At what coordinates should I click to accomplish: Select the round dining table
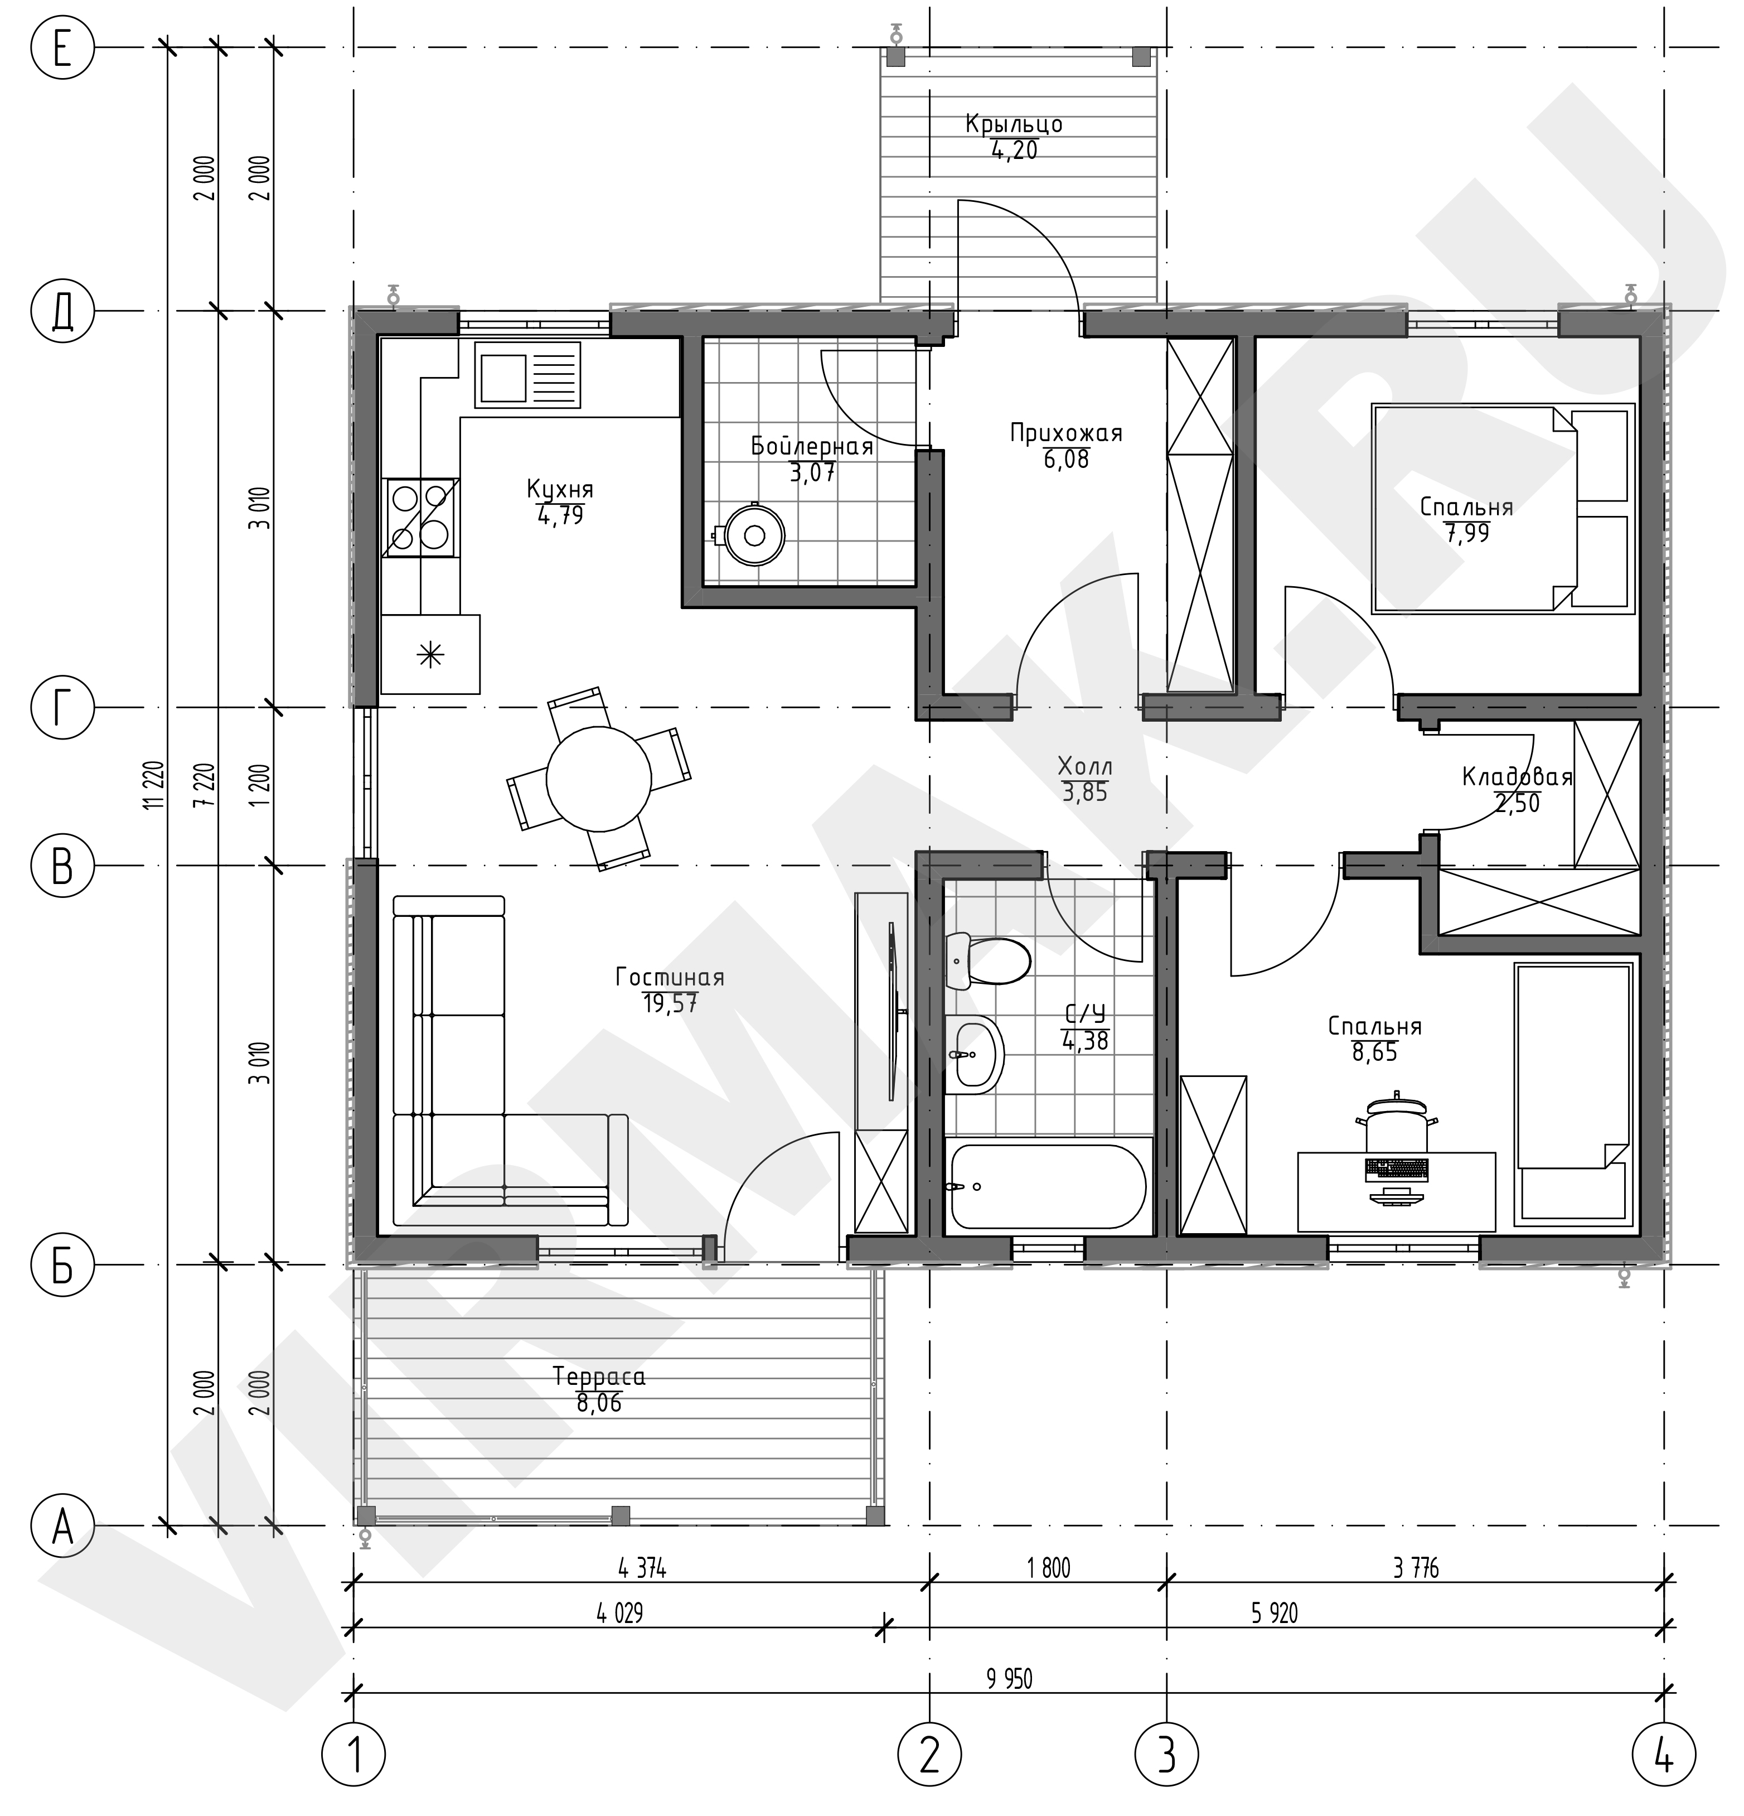(x=598, y=779)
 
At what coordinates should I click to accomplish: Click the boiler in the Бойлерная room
(x=753, y=535)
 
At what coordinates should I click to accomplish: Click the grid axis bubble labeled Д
(x=62, y=311)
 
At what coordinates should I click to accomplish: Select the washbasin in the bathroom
(x=975, y=1054)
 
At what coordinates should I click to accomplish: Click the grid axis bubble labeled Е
(x=62, y=47)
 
